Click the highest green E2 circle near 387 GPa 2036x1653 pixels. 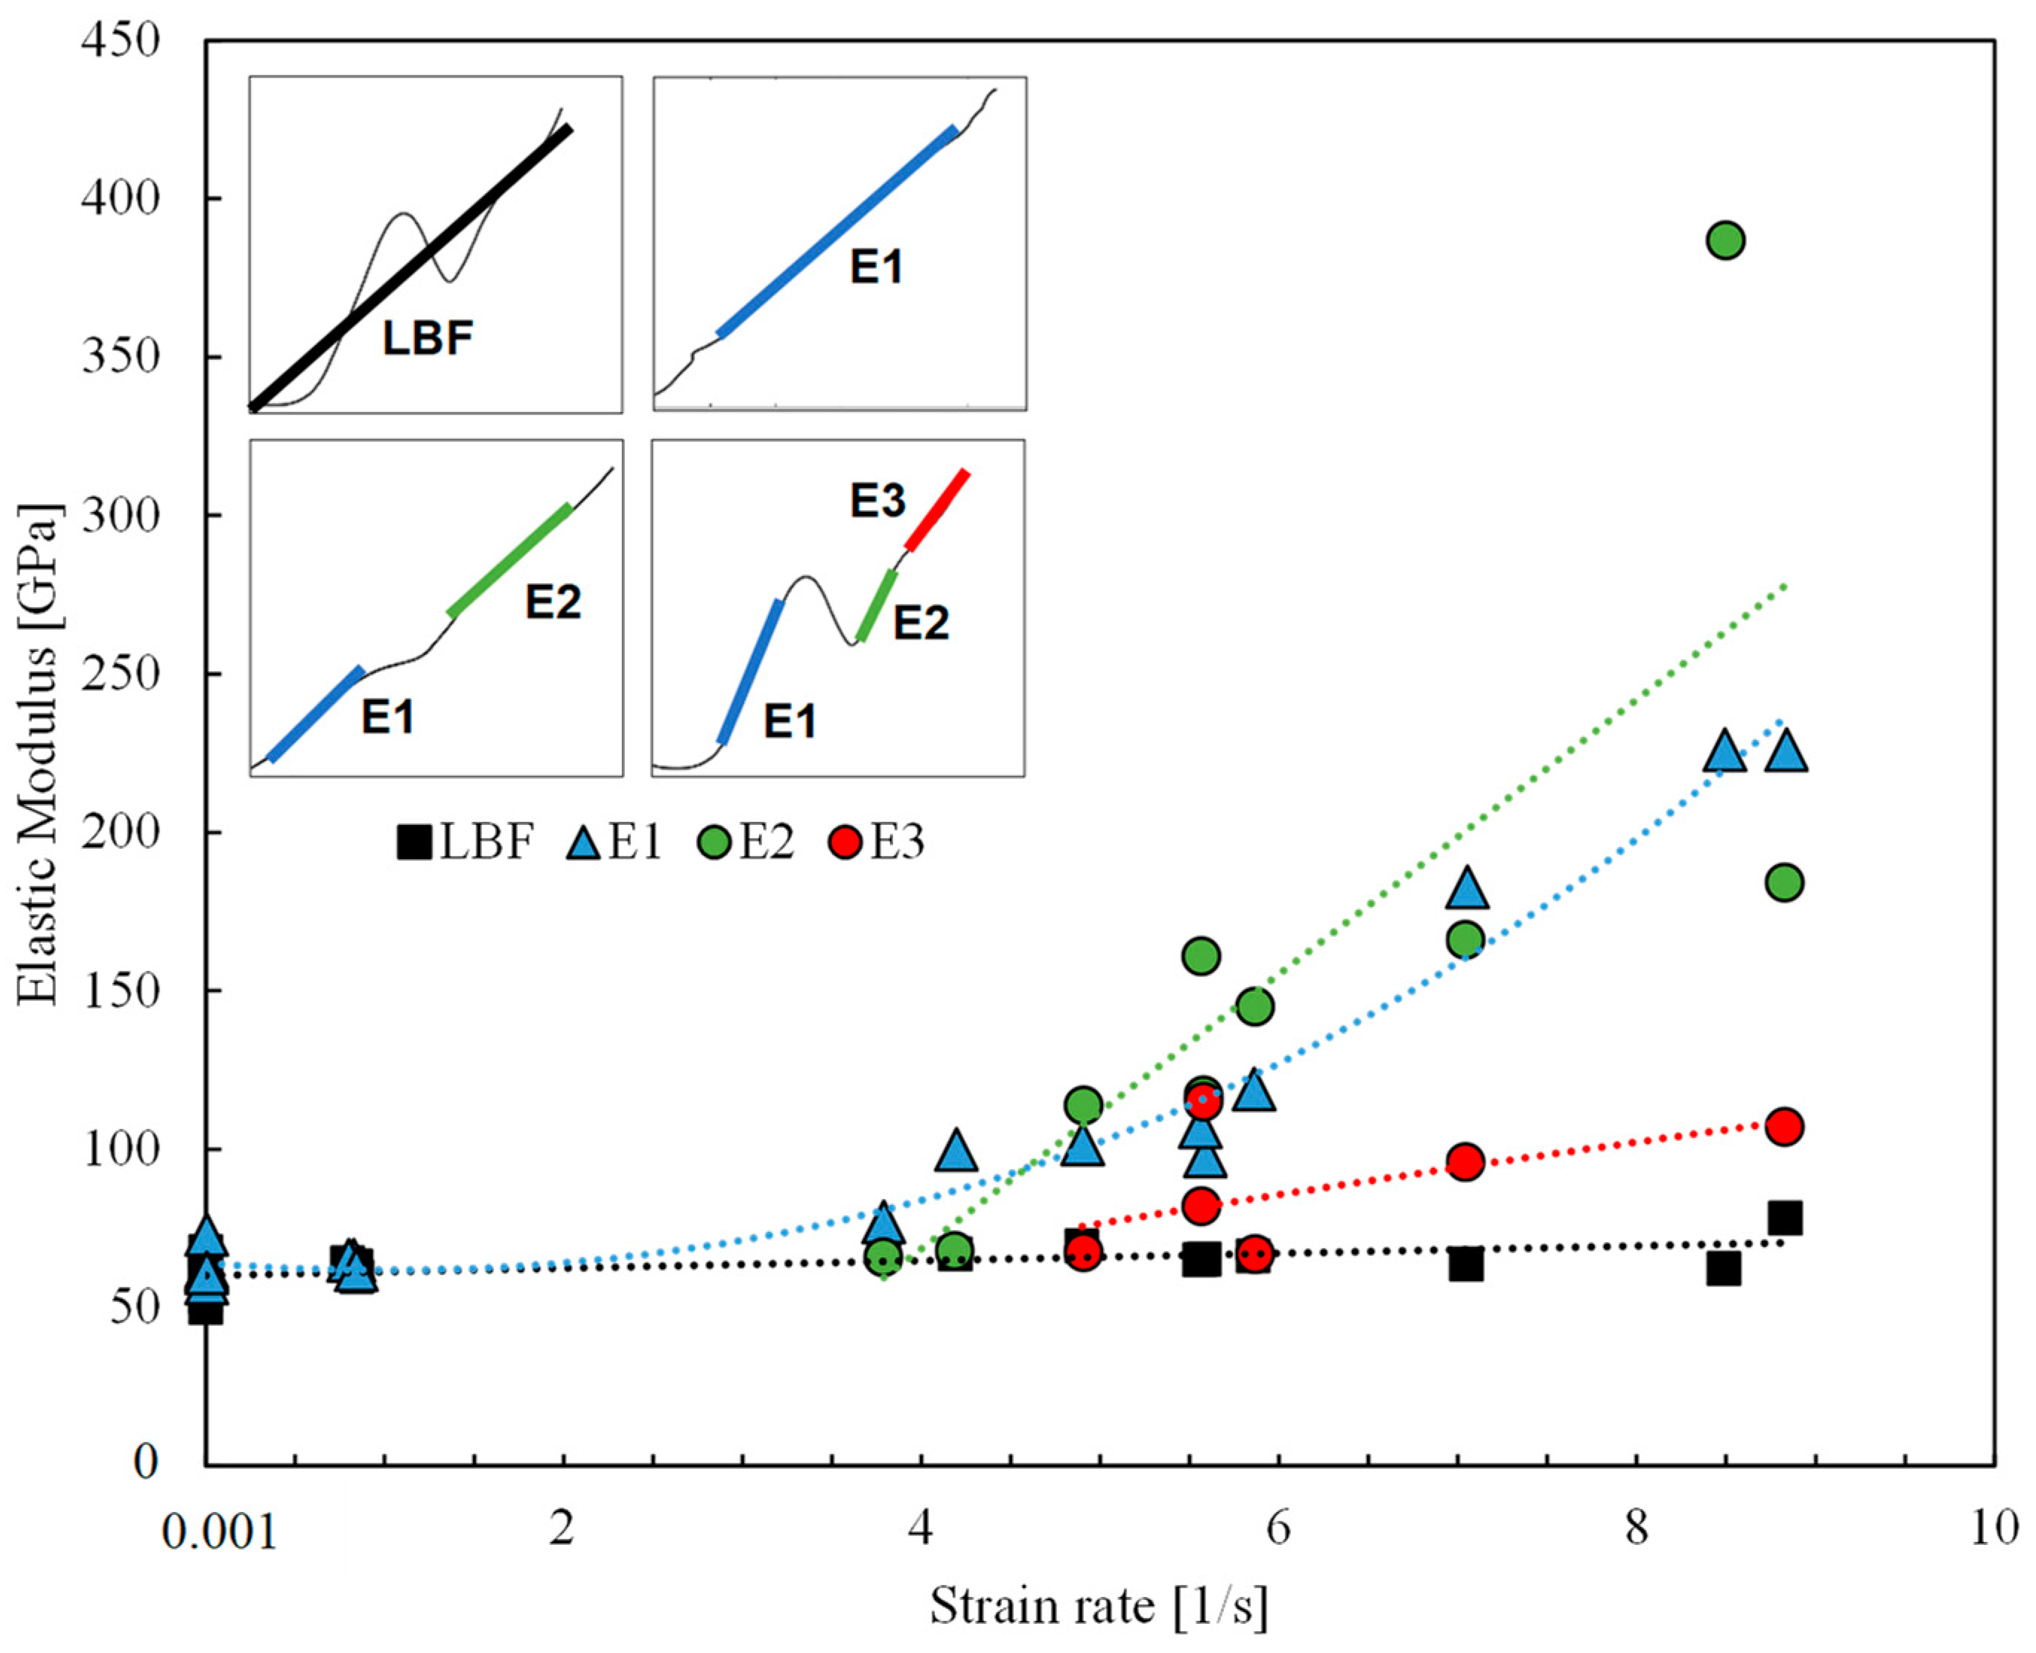[x=1725, y=241]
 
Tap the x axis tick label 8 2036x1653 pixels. [x=1635, y=1529]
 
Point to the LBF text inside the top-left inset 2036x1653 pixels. [x=428, y=338]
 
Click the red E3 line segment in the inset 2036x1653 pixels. [x=938, y=510]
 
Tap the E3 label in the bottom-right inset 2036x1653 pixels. [x=877, y=501]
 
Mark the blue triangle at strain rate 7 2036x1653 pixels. [x=1467, y=888]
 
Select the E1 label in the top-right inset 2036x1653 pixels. [x=875, y=267]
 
